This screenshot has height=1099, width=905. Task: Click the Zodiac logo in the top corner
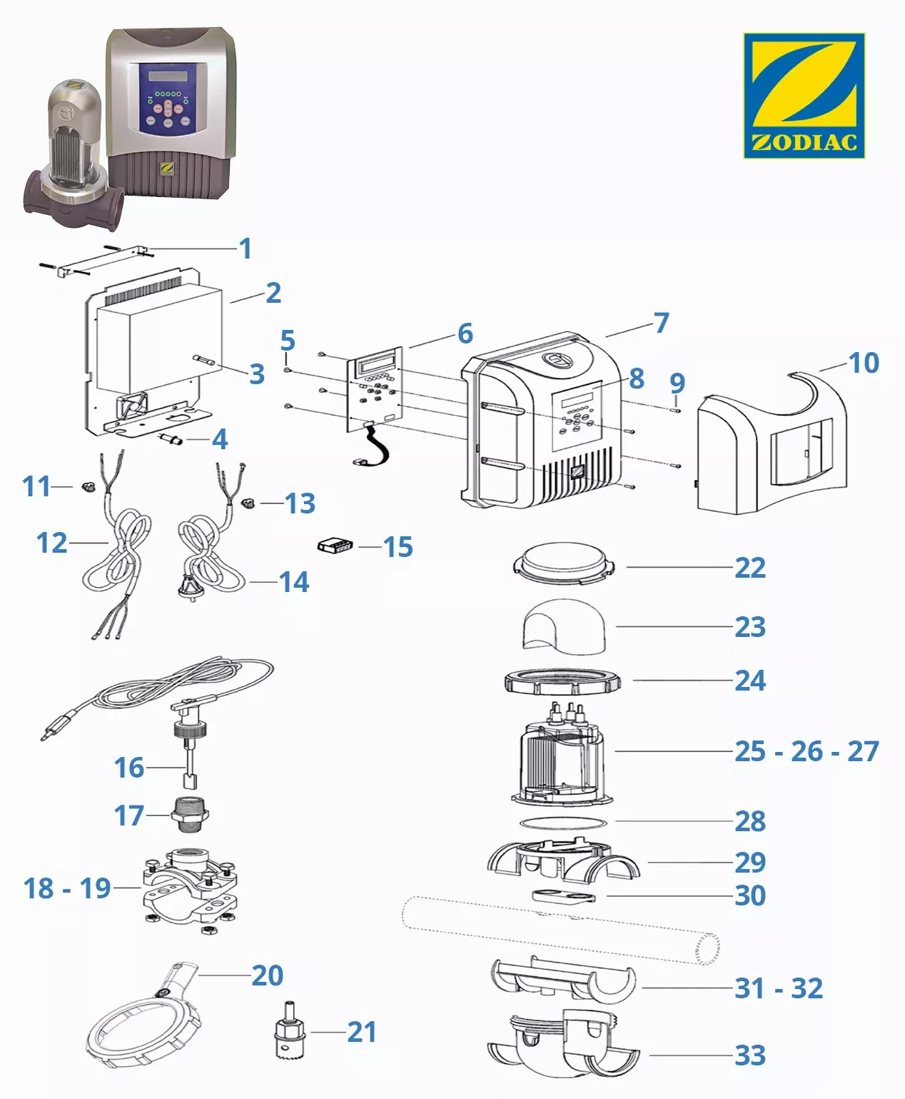pyautogui.click(x=804, y=95)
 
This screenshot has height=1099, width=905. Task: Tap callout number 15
pyautogui.click(x=398, y=547)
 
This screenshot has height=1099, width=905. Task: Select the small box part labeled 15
pyautogui.click(x=335, y=546)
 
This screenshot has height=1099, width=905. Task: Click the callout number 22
pyautogui.click(x=750, y=568)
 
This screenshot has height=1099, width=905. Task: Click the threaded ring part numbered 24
pyautogui.click(x=562, y=683)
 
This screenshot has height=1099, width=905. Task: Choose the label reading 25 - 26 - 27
pyautogui.click(x=807, y=751)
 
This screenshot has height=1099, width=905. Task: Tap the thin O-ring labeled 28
pyautogui.click(x=564, y=822)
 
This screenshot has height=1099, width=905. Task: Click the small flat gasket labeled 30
pyautogui.click(x=564, y=895)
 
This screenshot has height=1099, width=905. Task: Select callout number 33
pyautogui.click(x=750, y=1055)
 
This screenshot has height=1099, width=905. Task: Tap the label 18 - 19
pyautogui.click(x=67, y=888)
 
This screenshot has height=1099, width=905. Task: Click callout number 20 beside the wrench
pyautogui.click(x=268, y=975)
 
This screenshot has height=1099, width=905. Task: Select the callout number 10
pyautogui.click(x=864, y=363)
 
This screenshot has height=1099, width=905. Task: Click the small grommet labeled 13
pyautogui.click(x=248, y=503)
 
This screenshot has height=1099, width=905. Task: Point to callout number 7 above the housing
pyautogui.click(x=662, y=323)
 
